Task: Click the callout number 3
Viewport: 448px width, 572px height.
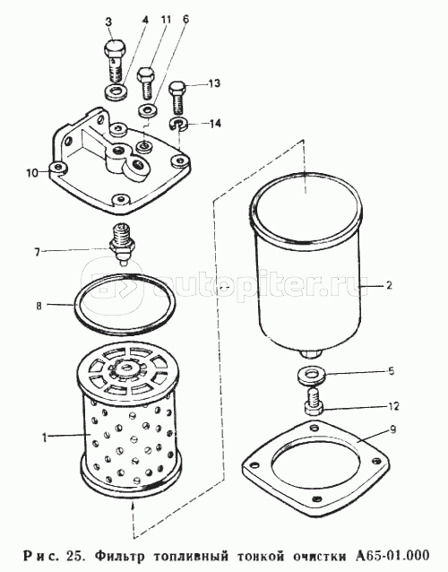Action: click(108, 22)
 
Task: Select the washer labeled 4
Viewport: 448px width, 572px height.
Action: click(116, 91)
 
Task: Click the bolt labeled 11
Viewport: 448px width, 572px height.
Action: click(146, 83)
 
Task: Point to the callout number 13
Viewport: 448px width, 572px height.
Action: click(213, 83)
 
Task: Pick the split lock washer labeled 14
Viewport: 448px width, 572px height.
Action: click(178, 123)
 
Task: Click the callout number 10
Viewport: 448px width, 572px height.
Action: click(32, 172)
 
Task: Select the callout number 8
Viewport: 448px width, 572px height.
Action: click(39, 306)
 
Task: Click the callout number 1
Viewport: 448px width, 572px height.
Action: click(44, 437)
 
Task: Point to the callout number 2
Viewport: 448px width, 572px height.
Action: click(389, 285)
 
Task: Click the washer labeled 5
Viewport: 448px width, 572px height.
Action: click(312, 376)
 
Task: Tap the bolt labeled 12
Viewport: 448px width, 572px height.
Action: click(314, 403)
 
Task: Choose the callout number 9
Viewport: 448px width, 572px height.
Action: click(392, 430)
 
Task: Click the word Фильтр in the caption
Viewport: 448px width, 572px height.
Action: click(120, 556)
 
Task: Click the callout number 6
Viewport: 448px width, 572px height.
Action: click(185, 20)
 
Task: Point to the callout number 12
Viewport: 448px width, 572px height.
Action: click(392, 406)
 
